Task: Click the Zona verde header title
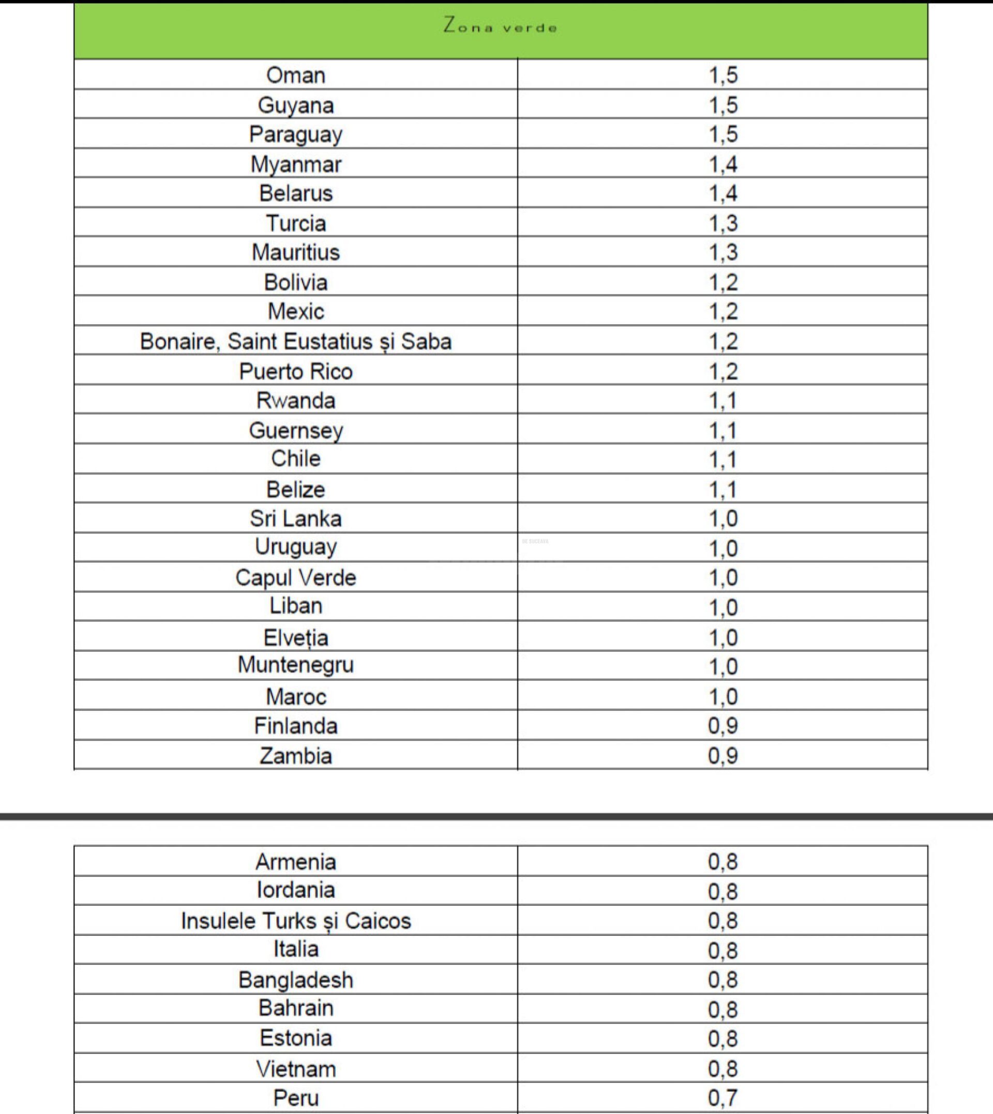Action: pos(500,26)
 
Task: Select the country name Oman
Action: pos(296,75)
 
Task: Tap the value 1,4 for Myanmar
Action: pos(723,164)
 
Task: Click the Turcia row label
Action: pos(296,223)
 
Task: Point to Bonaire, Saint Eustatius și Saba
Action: pos(296,341)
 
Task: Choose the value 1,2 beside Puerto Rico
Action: pos(723,371)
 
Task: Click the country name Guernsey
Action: pos(296,430)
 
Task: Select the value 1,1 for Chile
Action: pos(723,460)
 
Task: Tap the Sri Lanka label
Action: pos(296,518)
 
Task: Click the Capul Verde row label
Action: pos(296,577)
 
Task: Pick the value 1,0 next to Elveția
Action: pos(723,637)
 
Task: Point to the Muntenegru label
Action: pos(296,665)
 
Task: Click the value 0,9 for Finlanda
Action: pos(723,726)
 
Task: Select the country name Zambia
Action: pos(296,756)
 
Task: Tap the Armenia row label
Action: pos(296,862)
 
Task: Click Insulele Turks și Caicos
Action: pos(296,921)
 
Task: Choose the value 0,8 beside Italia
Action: pos(723,951)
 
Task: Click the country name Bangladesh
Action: pos(296,980)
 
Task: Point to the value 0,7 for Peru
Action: pos(723,1097)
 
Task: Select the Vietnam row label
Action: pos(296,1069)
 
